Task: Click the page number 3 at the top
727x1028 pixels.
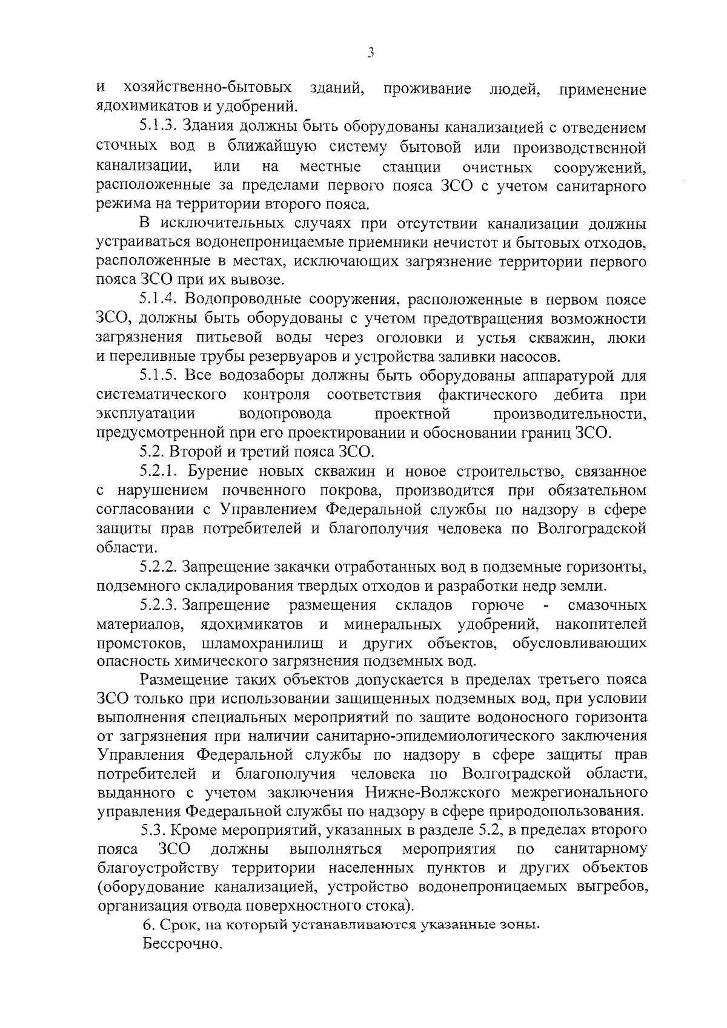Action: click(371, 54)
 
